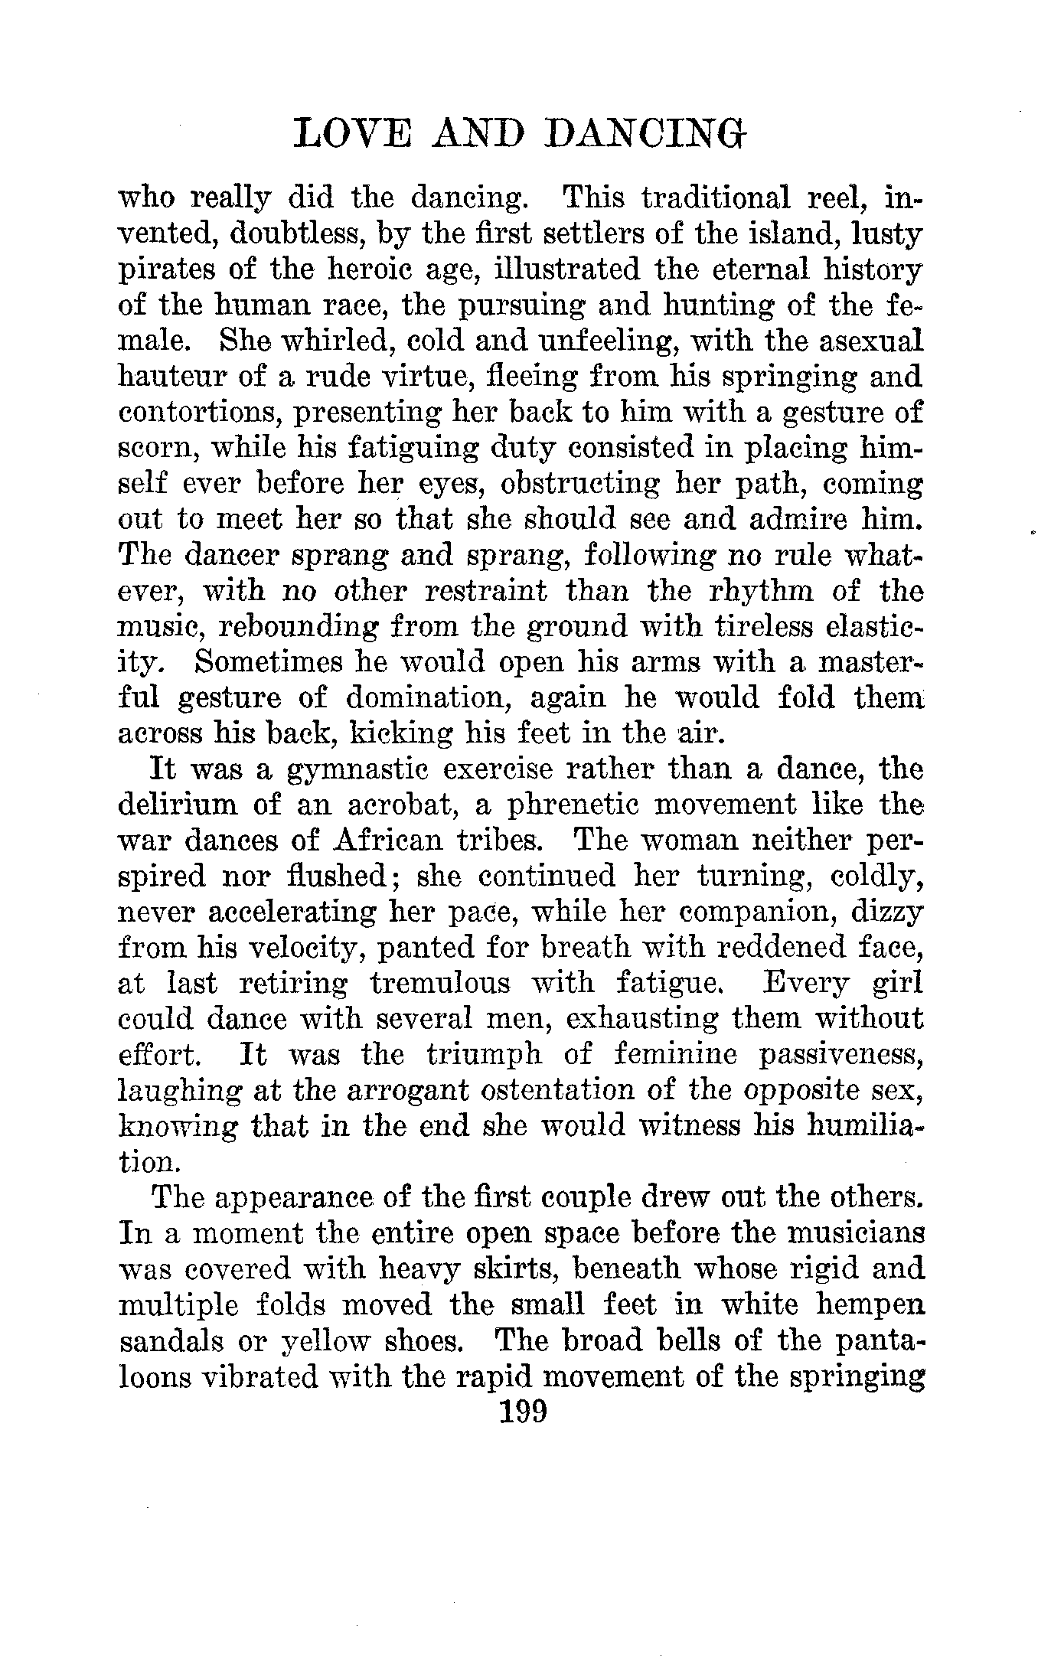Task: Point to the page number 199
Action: [523, 1409]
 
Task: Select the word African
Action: [387, 841]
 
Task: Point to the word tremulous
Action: [440, 983]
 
